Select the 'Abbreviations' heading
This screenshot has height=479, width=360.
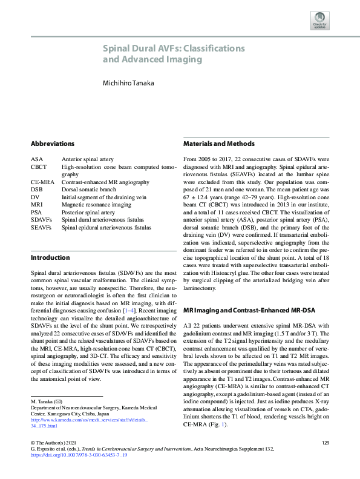(x=53, y=144)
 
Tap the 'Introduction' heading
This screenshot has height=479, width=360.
(x=50, y=257)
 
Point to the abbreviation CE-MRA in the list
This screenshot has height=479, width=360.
(x=42, y=181)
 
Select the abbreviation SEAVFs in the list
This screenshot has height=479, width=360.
(x=41, y=227)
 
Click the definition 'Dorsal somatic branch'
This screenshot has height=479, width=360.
(x=88, y=189)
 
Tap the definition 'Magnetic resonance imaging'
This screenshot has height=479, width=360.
(x=95, y=204)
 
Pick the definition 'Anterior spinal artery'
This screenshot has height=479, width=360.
(x=88, y=158)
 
